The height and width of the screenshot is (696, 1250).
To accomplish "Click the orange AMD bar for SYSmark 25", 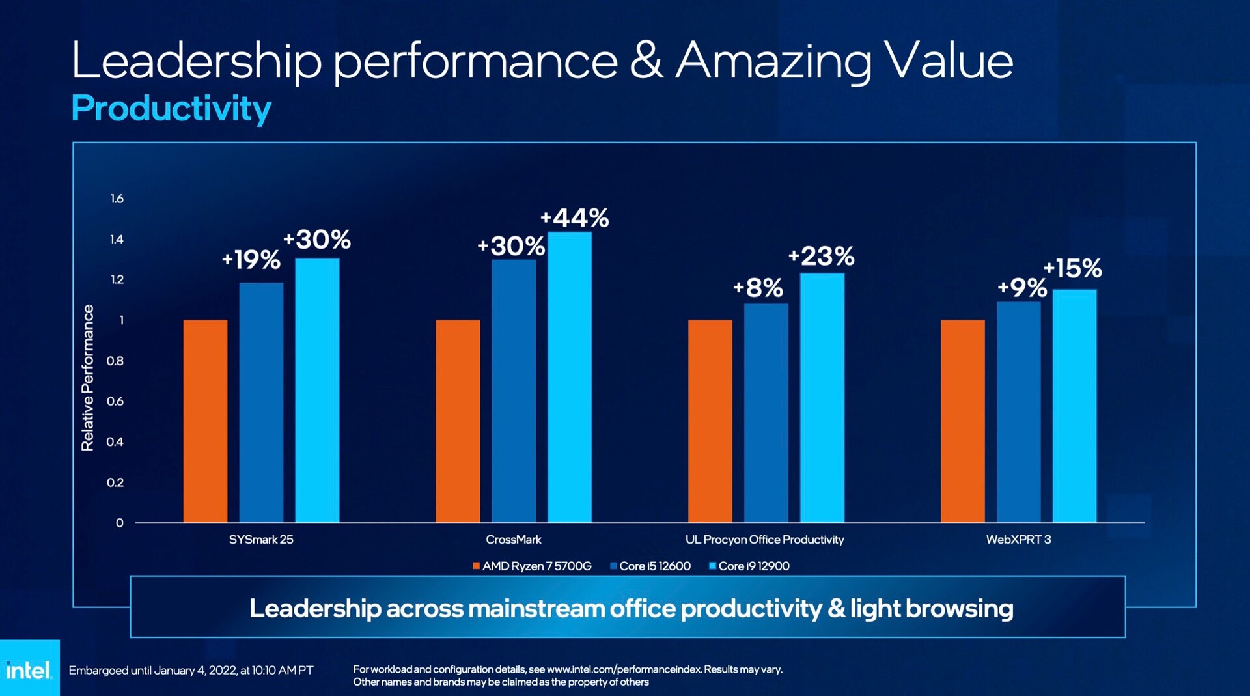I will (x=205, y=421).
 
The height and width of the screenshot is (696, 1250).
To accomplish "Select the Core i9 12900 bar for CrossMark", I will (x=570, y=377).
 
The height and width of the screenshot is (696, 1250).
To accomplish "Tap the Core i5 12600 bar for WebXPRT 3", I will (x=1018, y=411).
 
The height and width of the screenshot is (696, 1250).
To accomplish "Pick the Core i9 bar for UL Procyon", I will (x=822, y=397).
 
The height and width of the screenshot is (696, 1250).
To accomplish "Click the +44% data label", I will (x=574, y=218).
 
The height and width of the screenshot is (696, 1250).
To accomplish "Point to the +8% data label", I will (x=758, y=288).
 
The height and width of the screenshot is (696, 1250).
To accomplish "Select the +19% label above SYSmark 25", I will (x=251, y=260).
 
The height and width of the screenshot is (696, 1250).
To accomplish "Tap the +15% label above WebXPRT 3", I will (x=1072, y=268).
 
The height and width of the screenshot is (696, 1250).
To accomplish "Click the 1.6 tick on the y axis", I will (x=117, y=199).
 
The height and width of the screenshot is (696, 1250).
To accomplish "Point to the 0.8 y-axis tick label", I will (x=115, y=361).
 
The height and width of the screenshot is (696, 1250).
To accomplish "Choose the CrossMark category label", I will (x=513, y=540).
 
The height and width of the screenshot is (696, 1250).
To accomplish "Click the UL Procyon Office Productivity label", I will (x=764, y=540).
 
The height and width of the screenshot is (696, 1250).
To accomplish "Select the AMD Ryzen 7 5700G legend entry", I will (x=532, y=566).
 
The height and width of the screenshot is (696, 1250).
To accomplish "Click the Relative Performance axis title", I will (x=87, y=378).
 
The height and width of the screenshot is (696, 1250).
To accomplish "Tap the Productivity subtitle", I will (x=171, y=108).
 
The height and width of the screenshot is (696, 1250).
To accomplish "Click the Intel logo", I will (x=29, y=669).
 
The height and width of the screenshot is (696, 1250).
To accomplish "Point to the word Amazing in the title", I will (x=773, y=62).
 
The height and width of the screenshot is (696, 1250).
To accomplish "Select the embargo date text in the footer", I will (x=191, y=670).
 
